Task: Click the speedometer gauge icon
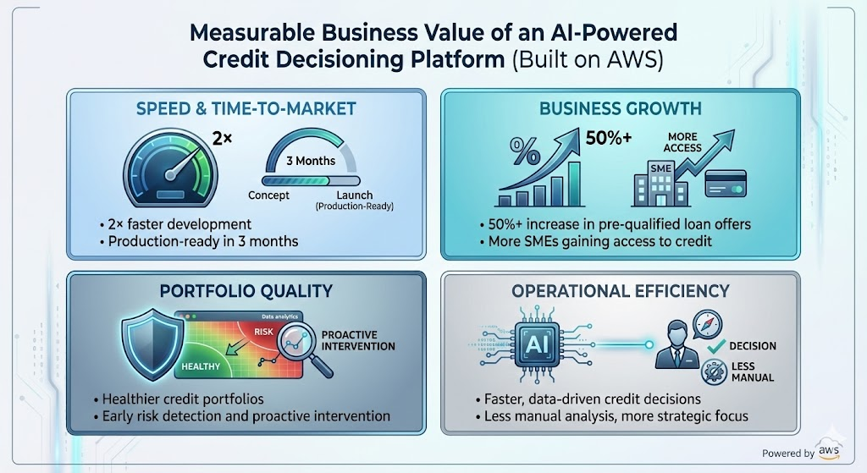[170, 168]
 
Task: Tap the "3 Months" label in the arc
[311, 161]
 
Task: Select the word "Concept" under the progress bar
[268, 195]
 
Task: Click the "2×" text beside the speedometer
[223, 138]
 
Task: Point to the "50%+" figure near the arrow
[608, 138]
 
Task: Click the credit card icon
[726, 183]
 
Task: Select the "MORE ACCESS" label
[682, 142]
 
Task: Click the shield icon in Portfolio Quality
[152, 344]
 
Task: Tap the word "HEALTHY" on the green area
[201, 366]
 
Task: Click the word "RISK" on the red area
[264, 332]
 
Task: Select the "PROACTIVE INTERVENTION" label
[358, 340]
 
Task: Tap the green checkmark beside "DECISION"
[716, 346]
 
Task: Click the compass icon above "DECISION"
[708, 324]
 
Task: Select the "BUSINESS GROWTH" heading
[621, 108]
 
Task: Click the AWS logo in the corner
[829, 451]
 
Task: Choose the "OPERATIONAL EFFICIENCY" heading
[621, 291]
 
